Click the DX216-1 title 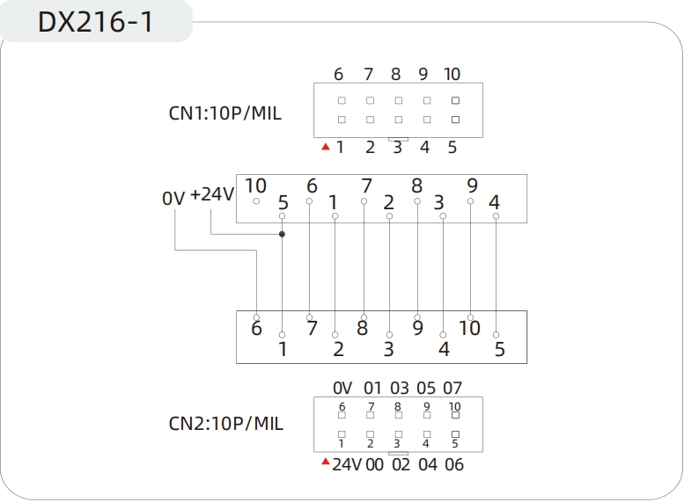tap(95, 22)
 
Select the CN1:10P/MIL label tap(225, 113)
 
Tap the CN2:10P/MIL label tap(225, 424)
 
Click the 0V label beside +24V tap(173, 199)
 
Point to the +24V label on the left tap(212, 194)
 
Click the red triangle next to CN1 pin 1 tap(326, 147)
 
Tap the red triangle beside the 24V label tap(325, 462)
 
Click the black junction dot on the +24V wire tap(282, 235)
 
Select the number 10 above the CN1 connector tap(452, 74)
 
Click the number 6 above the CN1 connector tap(339, 74)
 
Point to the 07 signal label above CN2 tap(452, 388)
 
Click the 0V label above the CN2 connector tap(342, 388)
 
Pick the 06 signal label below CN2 tap(454, 464)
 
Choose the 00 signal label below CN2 tap(374, 464)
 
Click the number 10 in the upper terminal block tap(255, 186)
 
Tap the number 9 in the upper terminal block tap(472, 186)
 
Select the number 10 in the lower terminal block tap(470, 328)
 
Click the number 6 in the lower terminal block tap(256, 329)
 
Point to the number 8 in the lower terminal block tap(362, 329)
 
